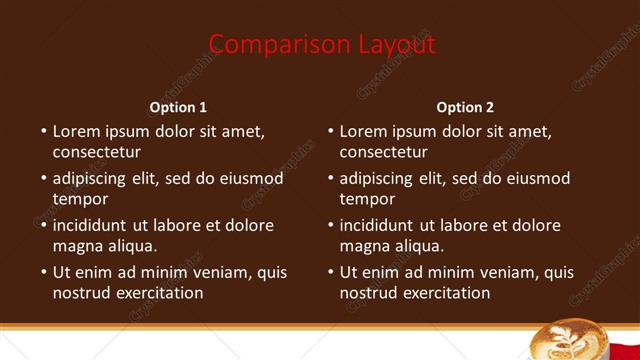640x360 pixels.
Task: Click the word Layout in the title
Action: (x=397, y=45)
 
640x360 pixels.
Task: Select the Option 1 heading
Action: (x=179, y=107)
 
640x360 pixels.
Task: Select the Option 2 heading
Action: (x=466, y=107)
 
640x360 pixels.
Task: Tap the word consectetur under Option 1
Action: (x=96, y=152)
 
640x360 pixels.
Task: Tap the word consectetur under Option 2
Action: (x=383, y=152)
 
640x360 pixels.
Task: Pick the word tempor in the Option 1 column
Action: (x=80, y=199)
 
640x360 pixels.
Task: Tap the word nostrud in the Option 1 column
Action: (x=81, y=293)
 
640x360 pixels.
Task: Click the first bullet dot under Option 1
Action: (x=44, y=131)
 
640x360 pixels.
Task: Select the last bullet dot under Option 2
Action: (x=331, y=272)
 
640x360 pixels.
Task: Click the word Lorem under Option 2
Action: (x=363, y=131)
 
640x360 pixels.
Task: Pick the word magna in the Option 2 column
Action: (x=363, y=245)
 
